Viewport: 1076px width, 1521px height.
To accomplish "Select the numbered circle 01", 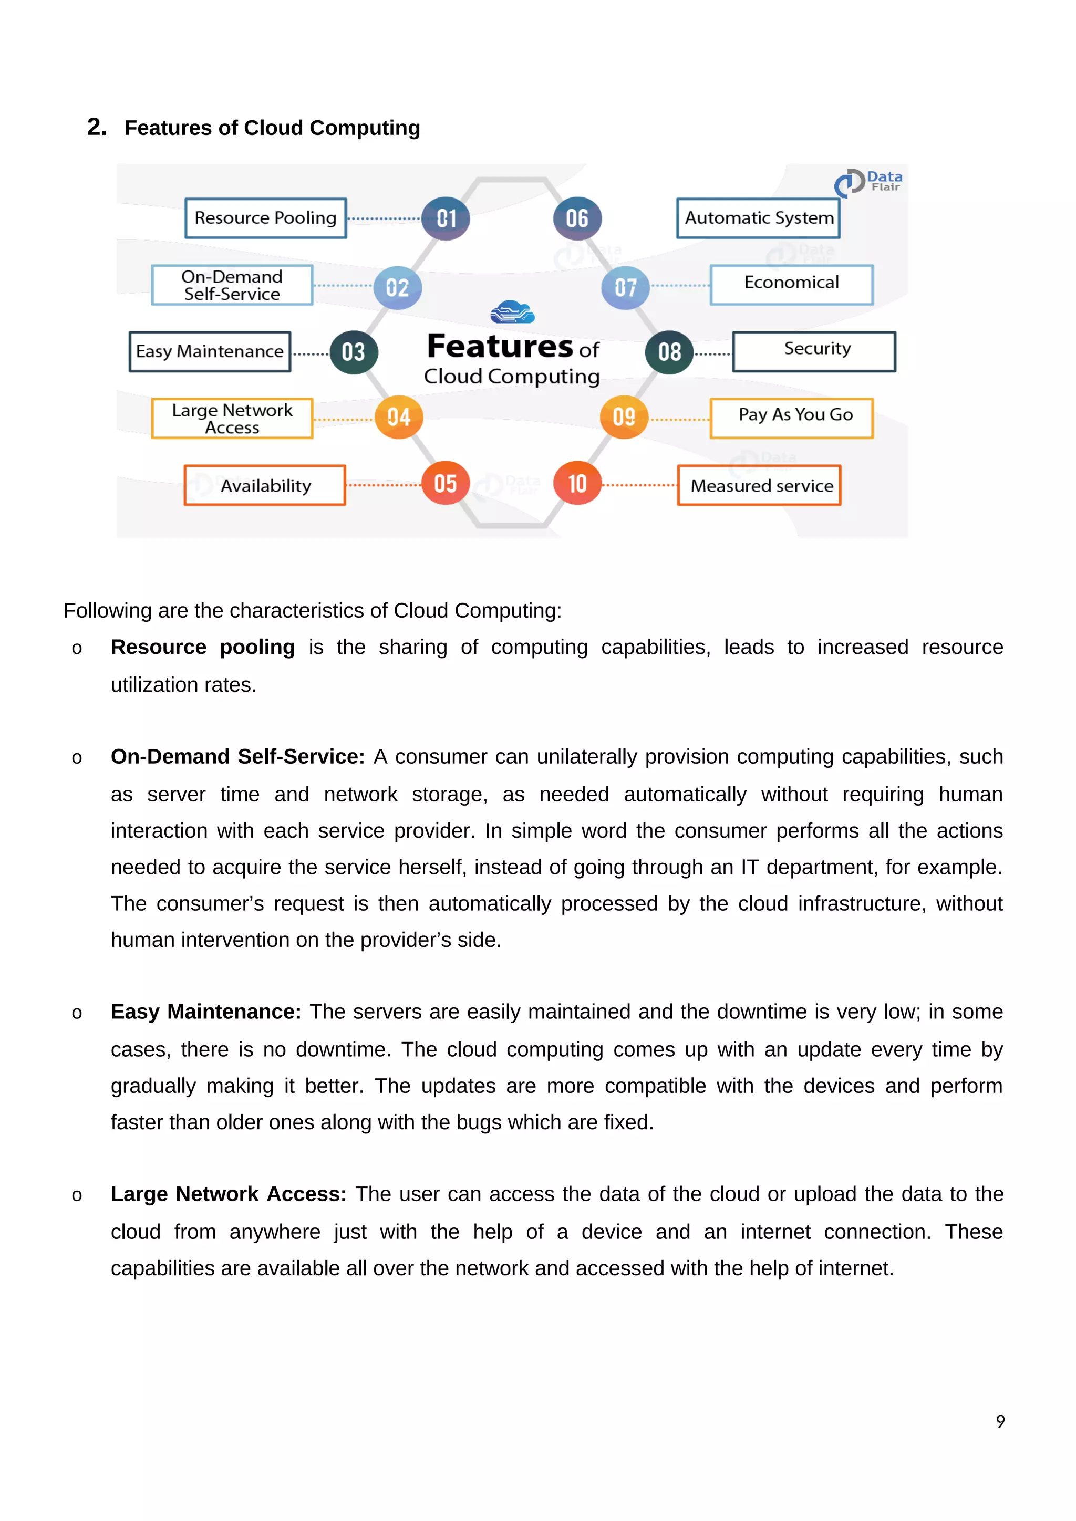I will [x=446, y=218].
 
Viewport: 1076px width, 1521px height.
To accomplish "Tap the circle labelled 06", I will [x=577, y=218].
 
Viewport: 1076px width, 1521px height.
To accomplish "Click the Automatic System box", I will [x=758, y=218].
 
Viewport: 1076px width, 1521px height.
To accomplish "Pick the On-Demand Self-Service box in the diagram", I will [x=232, y=285].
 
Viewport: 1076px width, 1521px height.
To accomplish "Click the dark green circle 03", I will [x=353, y=352].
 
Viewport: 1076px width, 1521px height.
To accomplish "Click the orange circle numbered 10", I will [x=577, y=484].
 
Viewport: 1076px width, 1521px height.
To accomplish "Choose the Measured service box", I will [x=759, y=486].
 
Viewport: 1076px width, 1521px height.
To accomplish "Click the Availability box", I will [x=265, y=486].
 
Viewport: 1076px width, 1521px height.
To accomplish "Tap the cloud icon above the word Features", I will [x=512, y=312].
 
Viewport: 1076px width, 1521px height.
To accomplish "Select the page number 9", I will [x=1000, y=1422].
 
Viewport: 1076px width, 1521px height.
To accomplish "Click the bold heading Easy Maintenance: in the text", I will [x=205, y=1012].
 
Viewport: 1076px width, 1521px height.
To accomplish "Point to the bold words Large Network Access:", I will [x=229, y=1194].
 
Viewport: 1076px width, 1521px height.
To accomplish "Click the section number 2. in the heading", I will [x=97, y=127].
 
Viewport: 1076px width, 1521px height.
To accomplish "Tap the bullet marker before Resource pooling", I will [x=77, y=649].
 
